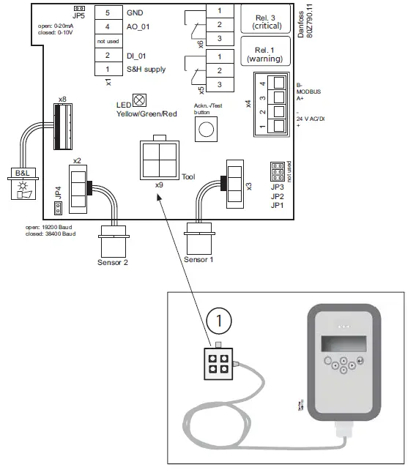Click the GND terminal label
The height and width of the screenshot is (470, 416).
(136, 13)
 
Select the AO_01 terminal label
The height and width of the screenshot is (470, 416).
(139, 27)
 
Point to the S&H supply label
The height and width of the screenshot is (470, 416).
(146, 70)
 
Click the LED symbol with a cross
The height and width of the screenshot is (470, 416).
(139, 98)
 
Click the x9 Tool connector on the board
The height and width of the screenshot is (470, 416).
(159, 159)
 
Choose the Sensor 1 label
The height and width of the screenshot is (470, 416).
(199, 259)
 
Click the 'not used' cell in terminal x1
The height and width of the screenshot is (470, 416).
(108, 41)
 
